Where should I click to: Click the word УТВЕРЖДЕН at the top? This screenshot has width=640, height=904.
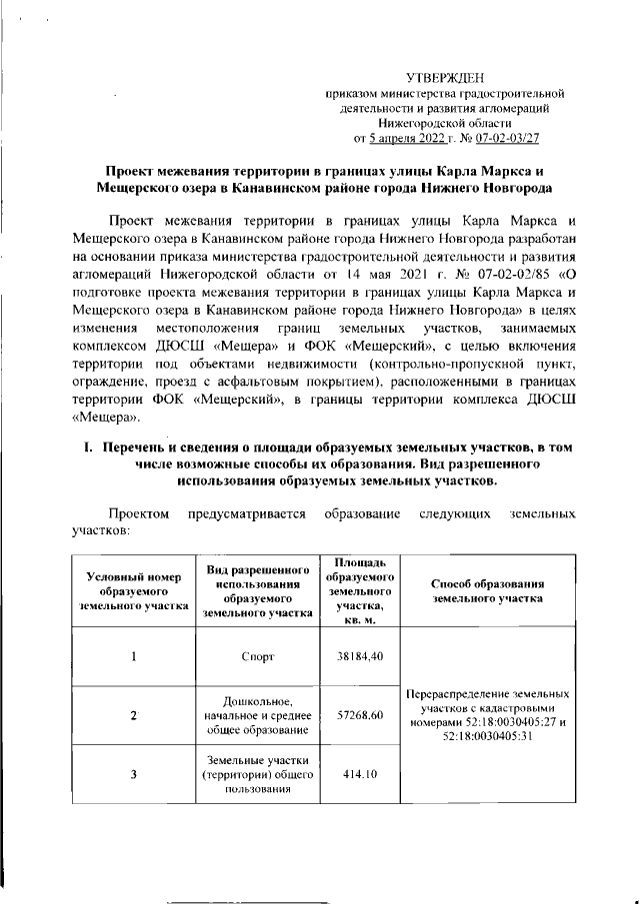(x=448, y=78)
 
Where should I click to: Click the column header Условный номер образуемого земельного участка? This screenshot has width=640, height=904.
(x=133, y=590)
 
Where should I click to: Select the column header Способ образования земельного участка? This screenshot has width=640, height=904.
(x=487, y=590)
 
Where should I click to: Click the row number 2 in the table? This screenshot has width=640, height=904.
(x=133, y=715)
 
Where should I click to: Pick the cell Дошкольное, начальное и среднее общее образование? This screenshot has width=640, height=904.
(x=257, y=715)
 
